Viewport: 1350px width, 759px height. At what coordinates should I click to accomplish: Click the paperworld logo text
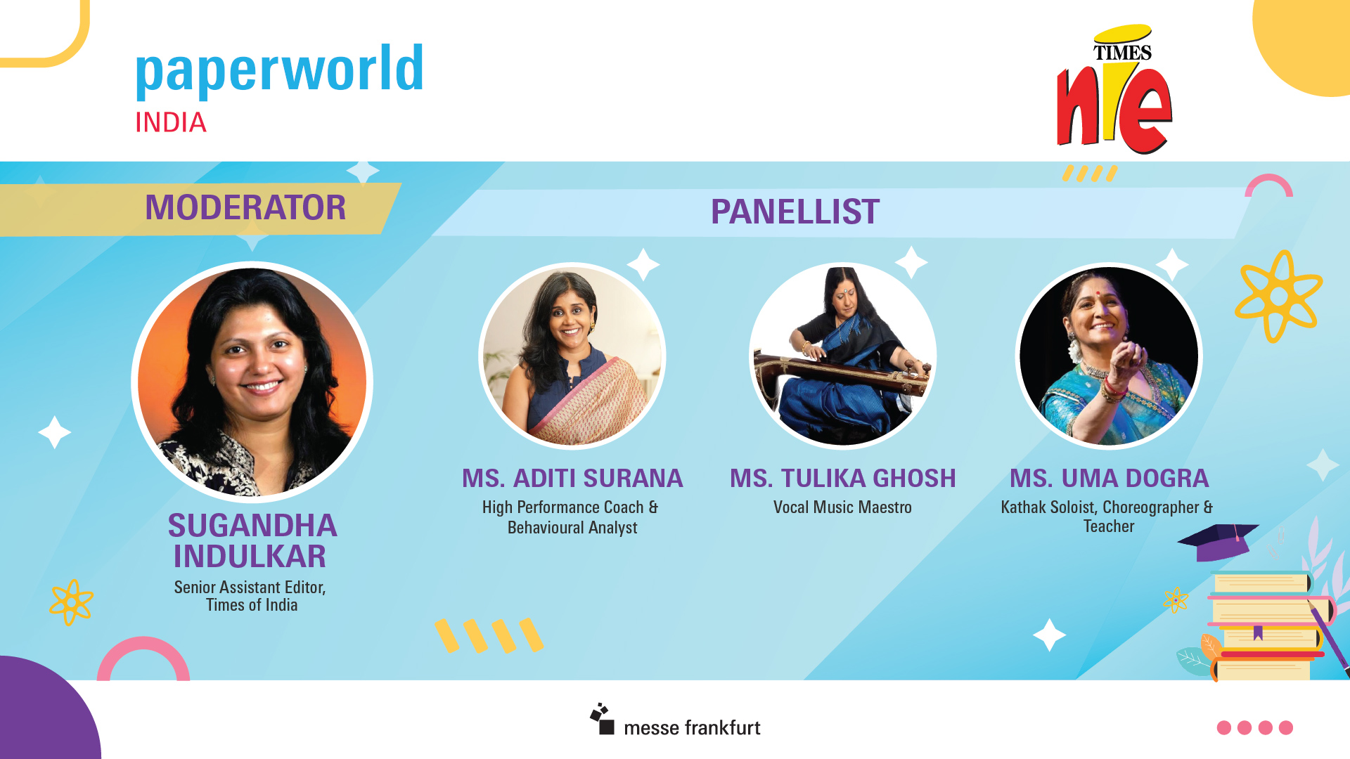[279, 71]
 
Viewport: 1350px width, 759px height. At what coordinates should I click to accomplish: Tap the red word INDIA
[171, 123]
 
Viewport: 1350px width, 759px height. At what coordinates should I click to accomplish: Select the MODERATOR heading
[245, 207]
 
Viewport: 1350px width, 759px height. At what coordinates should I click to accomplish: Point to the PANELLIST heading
[795, 212]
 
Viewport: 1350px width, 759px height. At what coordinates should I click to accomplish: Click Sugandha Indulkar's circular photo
[252, 382]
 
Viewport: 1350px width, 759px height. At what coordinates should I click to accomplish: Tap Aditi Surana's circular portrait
[572, 356]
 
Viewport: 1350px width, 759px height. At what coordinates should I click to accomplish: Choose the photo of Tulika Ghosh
[842, 356]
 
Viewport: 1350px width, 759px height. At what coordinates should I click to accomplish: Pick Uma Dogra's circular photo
[1109, 356]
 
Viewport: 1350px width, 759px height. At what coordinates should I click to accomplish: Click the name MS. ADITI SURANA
[572, 479]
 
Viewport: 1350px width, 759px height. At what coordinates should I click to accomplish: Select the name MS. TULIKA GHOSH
[843, 479]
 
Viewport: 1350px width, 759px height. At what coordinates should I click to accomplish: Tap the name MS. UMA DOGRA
[1110, 479]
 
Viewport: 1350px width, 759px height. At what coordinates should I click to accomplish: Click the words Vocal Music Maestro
[842, 507]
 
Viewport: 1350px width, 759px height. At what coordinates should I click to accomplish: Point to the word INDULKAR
[250, 557]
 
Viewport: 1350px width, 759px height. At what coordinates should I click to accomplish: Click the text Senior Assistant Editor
[250, 588]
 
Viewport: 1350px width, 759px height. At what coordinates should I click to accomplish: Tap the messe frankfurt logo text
[692, 727]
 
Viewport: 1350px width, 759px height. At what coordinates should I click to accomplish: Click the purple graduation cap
[1218, 542]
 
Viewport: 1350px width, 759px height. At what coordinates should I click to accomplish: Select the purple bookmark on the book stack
[1258, 633]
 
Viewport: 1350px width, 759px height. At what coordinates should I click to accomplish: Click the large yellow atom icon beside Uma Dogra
[1278, 297]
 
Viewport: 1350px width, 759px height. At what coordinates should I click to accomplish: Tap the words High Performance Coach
[562, 507]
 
